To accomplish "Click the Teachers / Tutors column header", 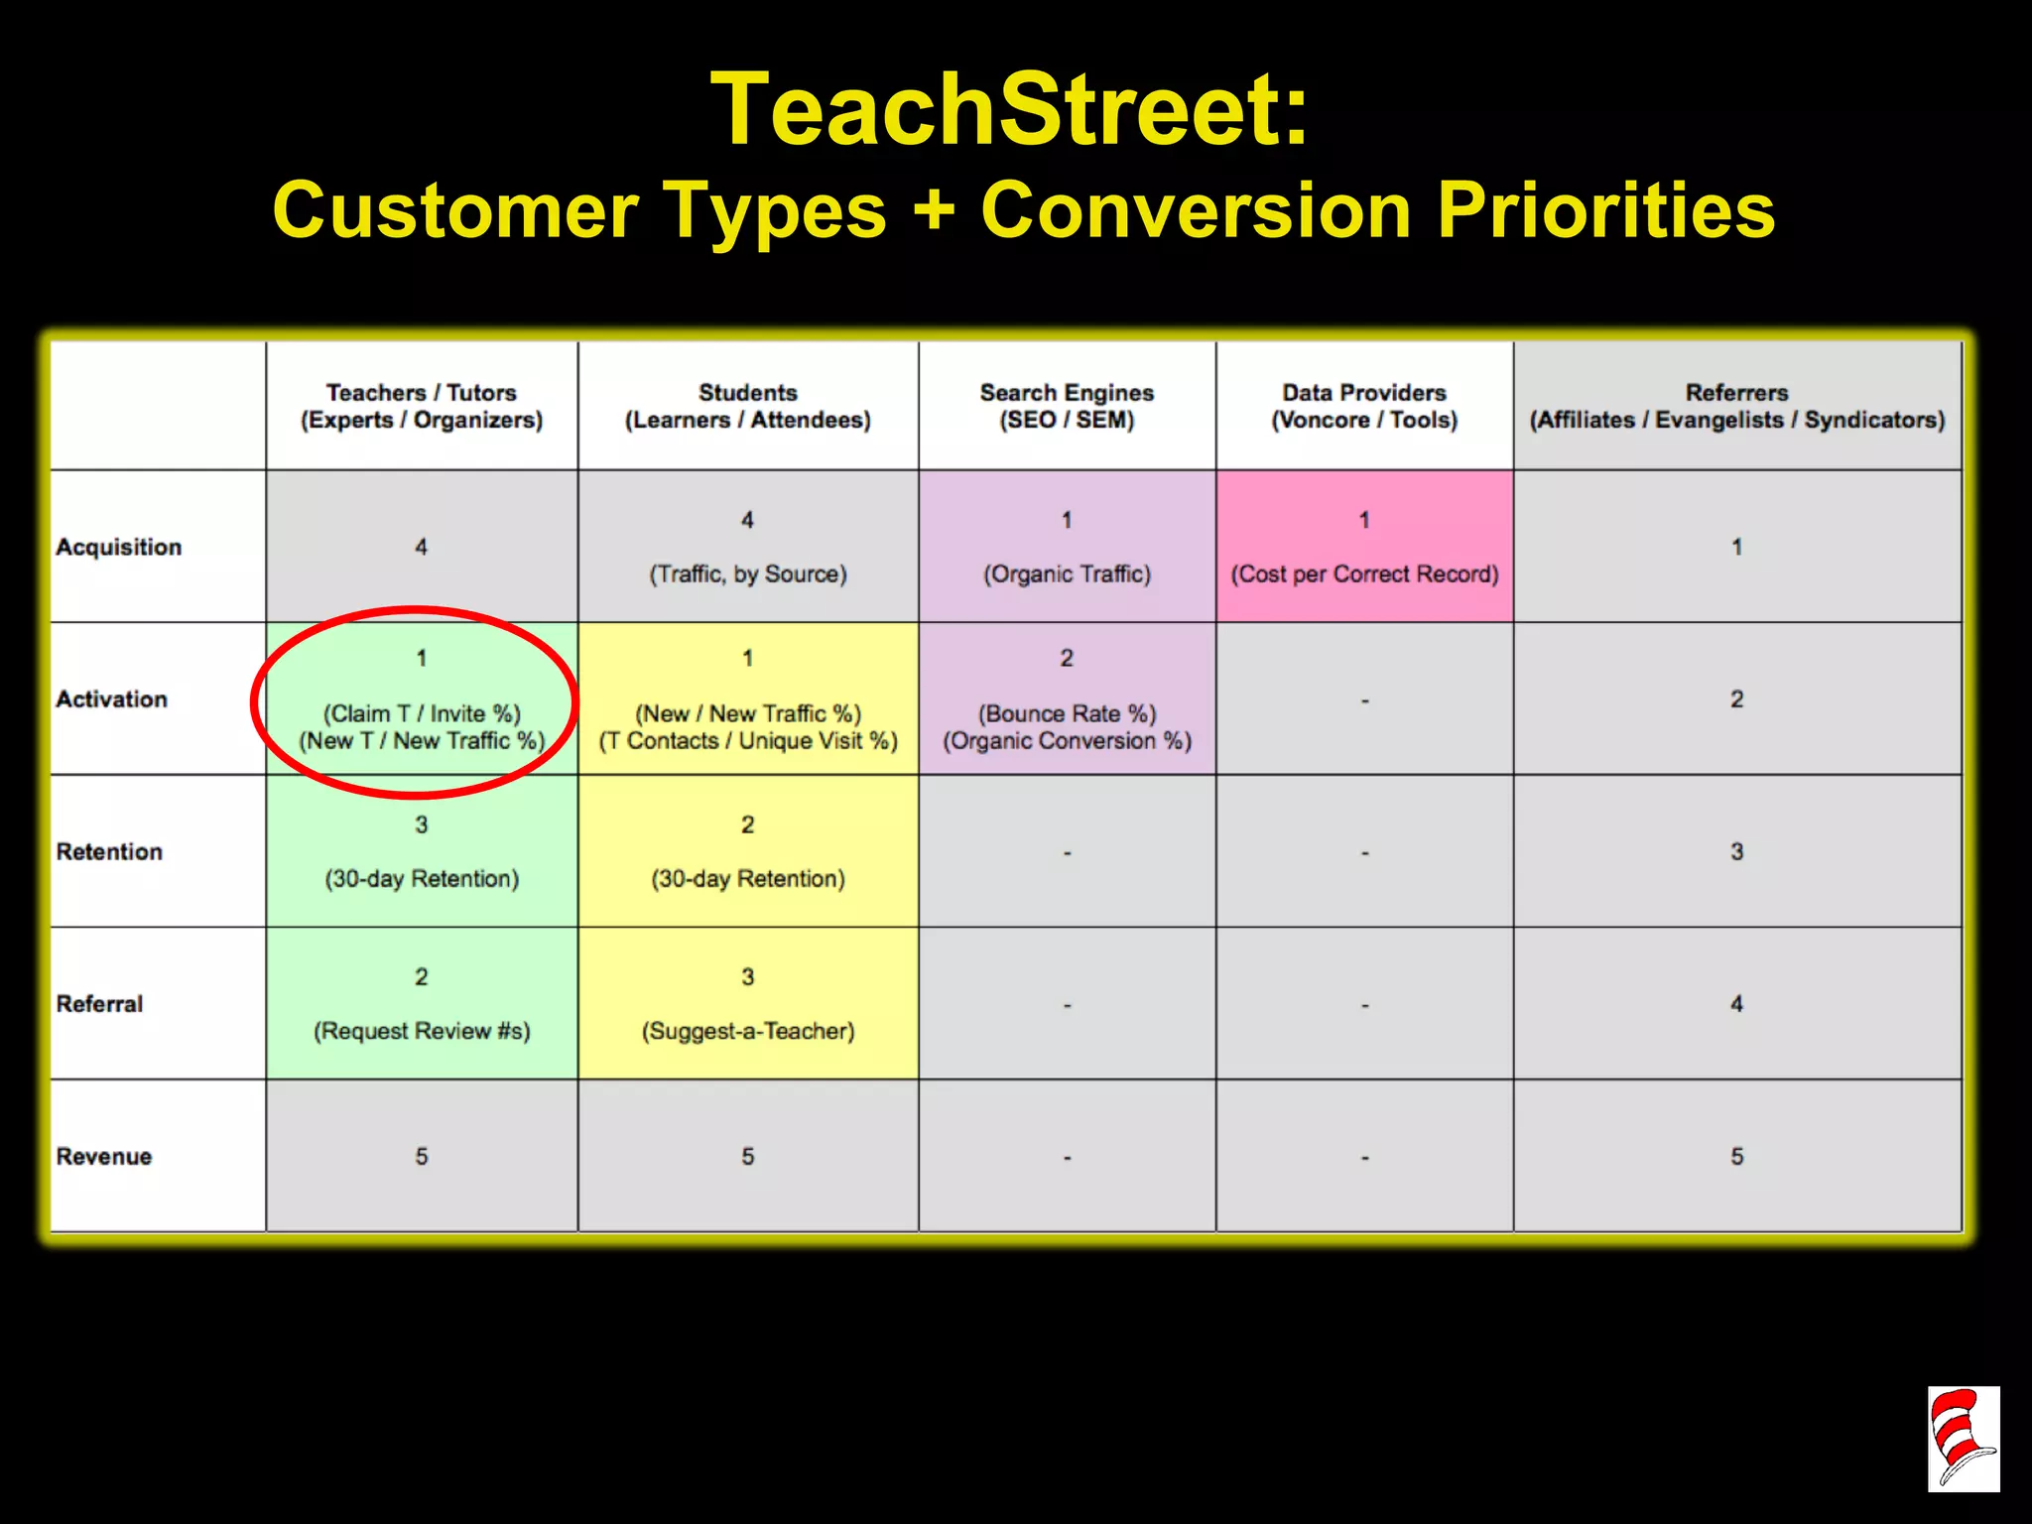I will click(422, 406).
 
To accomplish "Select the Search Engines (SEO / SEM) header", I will click(1067, 406).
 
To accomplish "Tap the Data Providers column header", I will click(1364, 406).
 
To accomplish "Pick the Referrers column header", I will click(1736, 406).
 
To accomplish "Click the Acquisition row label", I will click(119, 547).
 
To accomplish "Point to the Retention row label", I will click(109, 851).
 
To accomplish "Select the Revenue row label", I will click(104, 1156).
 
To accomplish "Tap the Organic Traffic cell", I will click(1067, 573).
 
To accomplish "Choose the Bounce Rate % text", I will click(1067, 713).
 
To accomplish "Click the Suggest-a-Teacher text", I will click(748, 1031).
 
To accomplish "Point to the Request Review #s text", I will click(422, 1031).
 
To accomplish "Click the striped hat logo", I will click(1963, 1439).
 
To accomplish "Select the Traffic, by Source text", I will click(748, 573).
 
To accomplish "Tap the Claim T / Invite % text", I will click(422, 713).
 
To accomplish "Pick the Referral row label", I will click(99, 1004).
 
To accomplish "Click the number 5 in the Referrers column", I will click(1736, 1156).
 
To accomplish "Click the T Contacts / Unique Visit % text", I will click(748, 741).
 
